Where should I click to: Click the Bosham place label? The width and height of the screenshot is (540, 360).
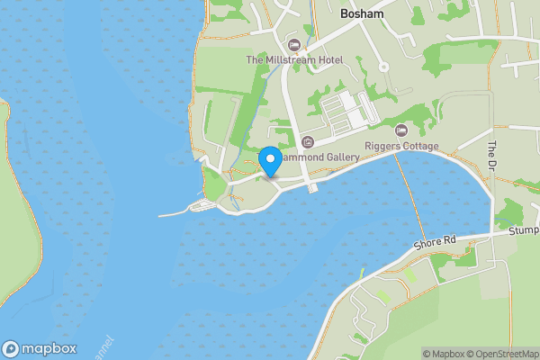pyautogui.click(x=363, y=15)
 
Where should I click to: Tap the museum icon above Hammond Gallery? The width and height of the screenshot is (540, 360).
pyautogui.click(x=308, y=142)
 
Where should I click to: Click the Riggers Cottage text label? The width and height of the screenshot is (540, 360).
pyautogui.click(x=401, y=147)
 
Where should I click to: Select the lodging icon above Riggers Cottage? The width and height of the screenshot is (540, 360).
pyautogui.click(x=401, y=131)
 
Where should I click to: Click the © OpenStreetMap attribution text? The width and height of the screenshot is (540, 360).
pyautogui.click(x=505, y=354)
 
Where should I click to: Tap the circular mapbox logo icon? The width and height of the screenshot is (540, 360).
pyautogui.click(x=12, y=348)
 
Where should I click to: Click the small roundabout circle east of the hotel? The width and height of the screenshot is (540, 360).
pyautogui.click(x=383, y=67)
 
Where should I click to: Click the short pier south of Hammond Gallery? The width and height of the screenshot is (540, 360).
pyautogui.click(x=312, y=184)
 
